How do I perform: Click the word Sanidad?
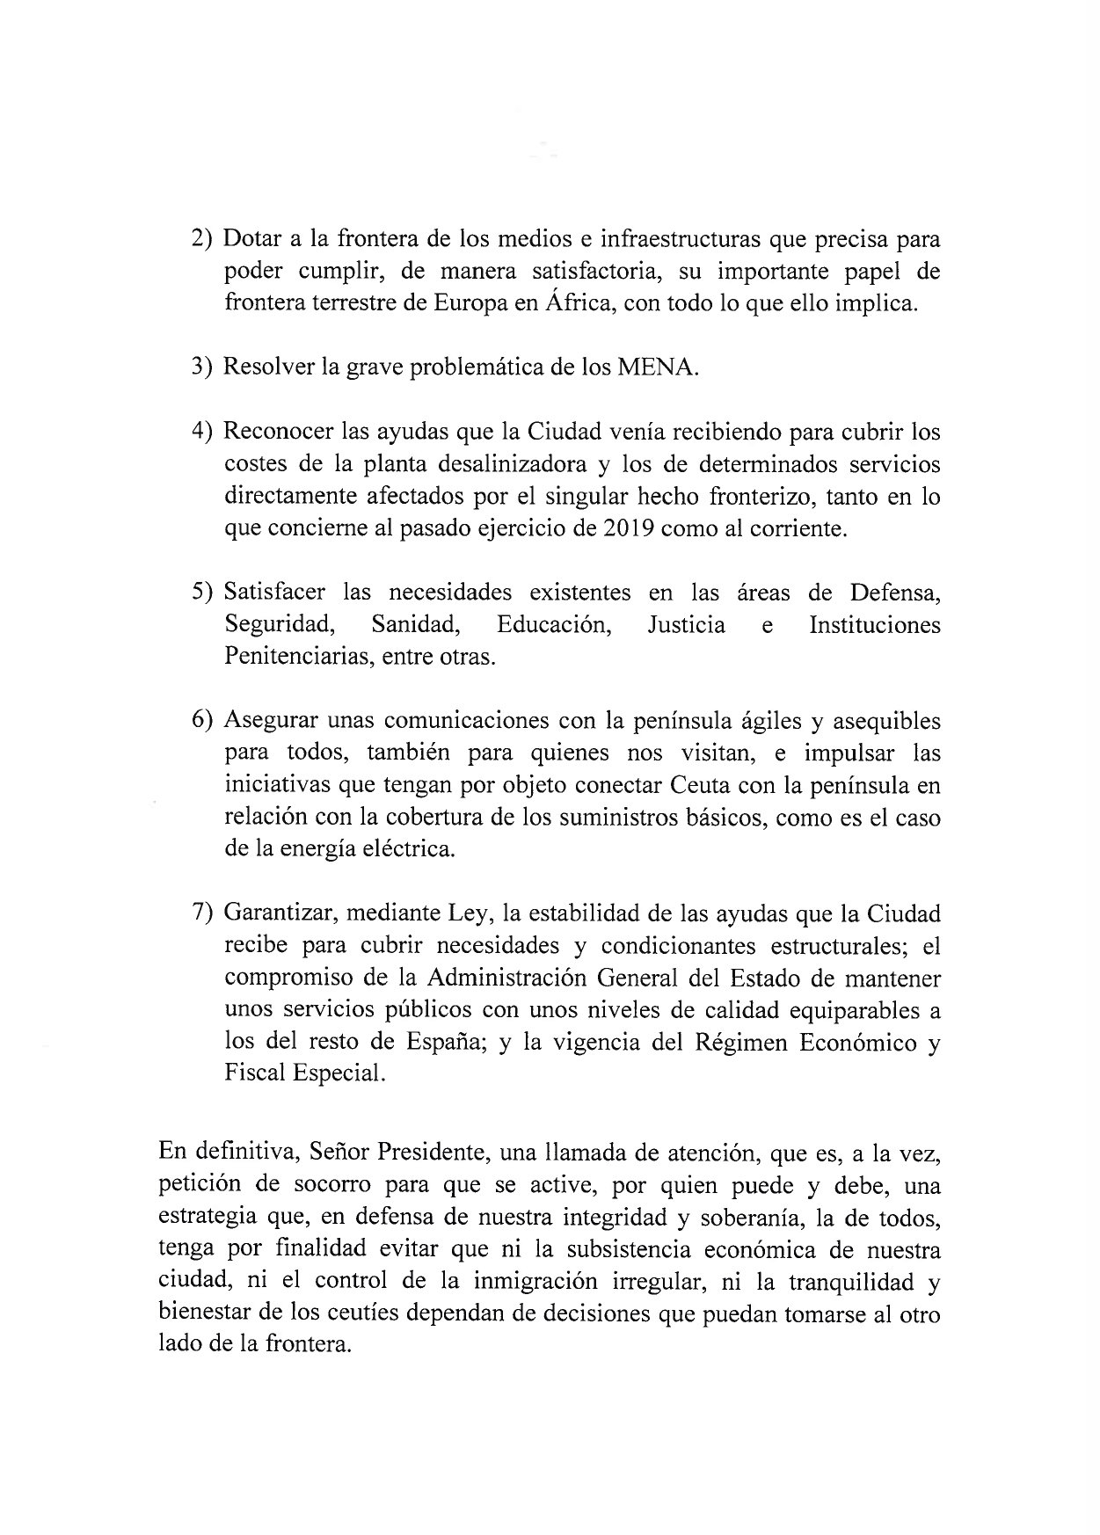pos(416,625)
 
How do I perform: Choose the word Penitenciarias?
pos(295,658)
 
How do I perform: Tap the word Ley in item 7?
pos(471,913)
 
